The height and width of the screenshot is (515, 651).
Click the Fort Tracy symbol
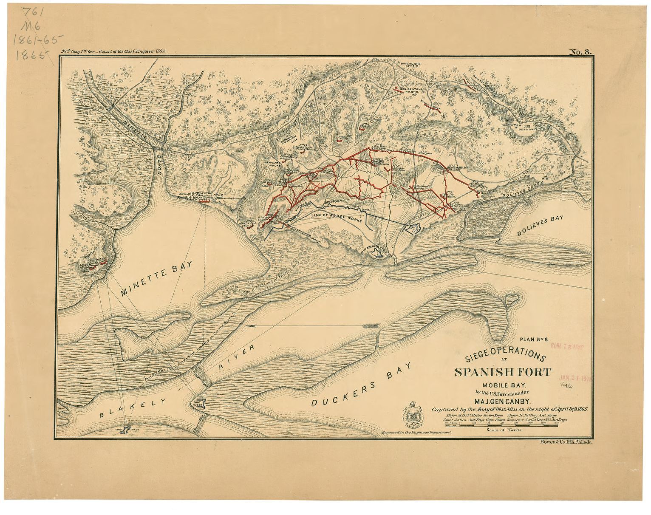(x=127, y=430)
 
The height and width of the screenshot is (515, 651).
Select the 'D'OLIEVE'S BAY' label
(x=540, y=226)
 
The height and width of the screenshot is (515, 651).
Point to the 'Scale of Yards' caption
(x=503, y=430)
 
